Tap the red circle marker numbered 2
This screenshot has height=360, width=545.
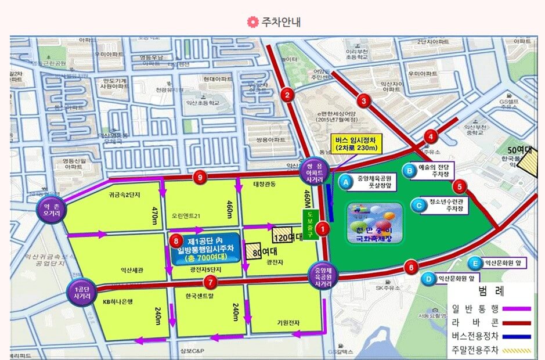click(x=286, y=94)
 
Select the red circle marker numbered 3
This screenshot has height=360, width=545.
click(x=364, y=100)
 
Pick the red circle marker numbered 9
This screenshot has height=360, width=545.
click(x=200, y=178)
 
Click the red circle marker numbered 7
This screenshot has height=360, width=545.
click(x=211, y=283)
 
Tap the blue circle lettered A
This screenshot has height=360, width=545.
click(x=346, y=182)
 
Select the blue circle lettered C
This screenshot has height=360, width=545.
click(x=418, y=204)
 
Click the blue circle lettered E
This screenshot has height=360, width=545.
click(x=475, y=263)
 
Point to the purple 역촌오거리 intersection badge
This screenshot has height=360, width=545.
click(x=48, y=210)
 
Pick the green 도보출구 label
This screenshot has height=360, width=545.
click(x=308, y=220)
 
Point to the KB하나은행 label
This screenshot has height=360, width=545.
click(x=118, y=301)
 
